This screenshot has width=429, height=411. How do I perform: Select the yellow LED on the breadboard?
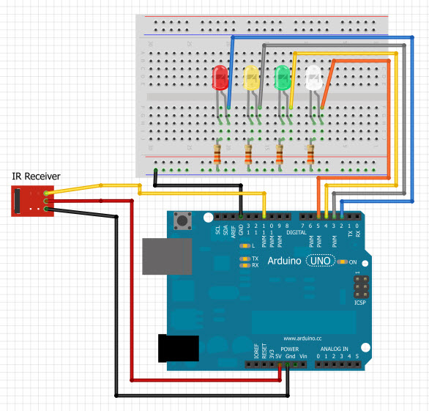click(x=252, y=78)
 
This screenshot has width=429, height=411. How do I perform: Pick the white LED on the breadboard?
click(x=314, y=78)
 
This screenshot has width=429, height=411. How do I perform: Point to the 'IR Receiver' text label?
click(x=36, y=176)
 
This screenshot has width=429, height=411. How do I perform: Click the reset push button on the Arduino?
click(x=181, y=220)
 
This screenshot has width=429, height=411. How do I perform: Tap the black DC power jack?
click(x=179, y=348)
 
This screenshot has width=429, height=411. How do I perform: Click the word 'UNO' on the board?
click(x=320, y=261)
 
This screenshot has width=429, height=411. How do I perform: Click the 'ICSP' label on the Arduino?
click(x=359, y=301)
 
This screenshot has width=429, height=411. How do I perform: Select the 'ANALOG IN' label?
click(x=336, y=349)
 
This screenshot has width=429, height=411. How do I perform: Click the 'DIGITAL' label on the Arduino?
click(x=296, y=232)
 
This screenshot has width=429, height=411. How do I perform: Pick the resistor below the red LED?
click(x=217, y=155)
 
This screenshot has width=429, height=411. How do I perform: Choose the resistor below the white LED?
click(x=311, y=155)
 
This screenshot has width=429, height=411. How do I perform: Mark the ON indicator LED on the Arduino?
click(x=343, y=262)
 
